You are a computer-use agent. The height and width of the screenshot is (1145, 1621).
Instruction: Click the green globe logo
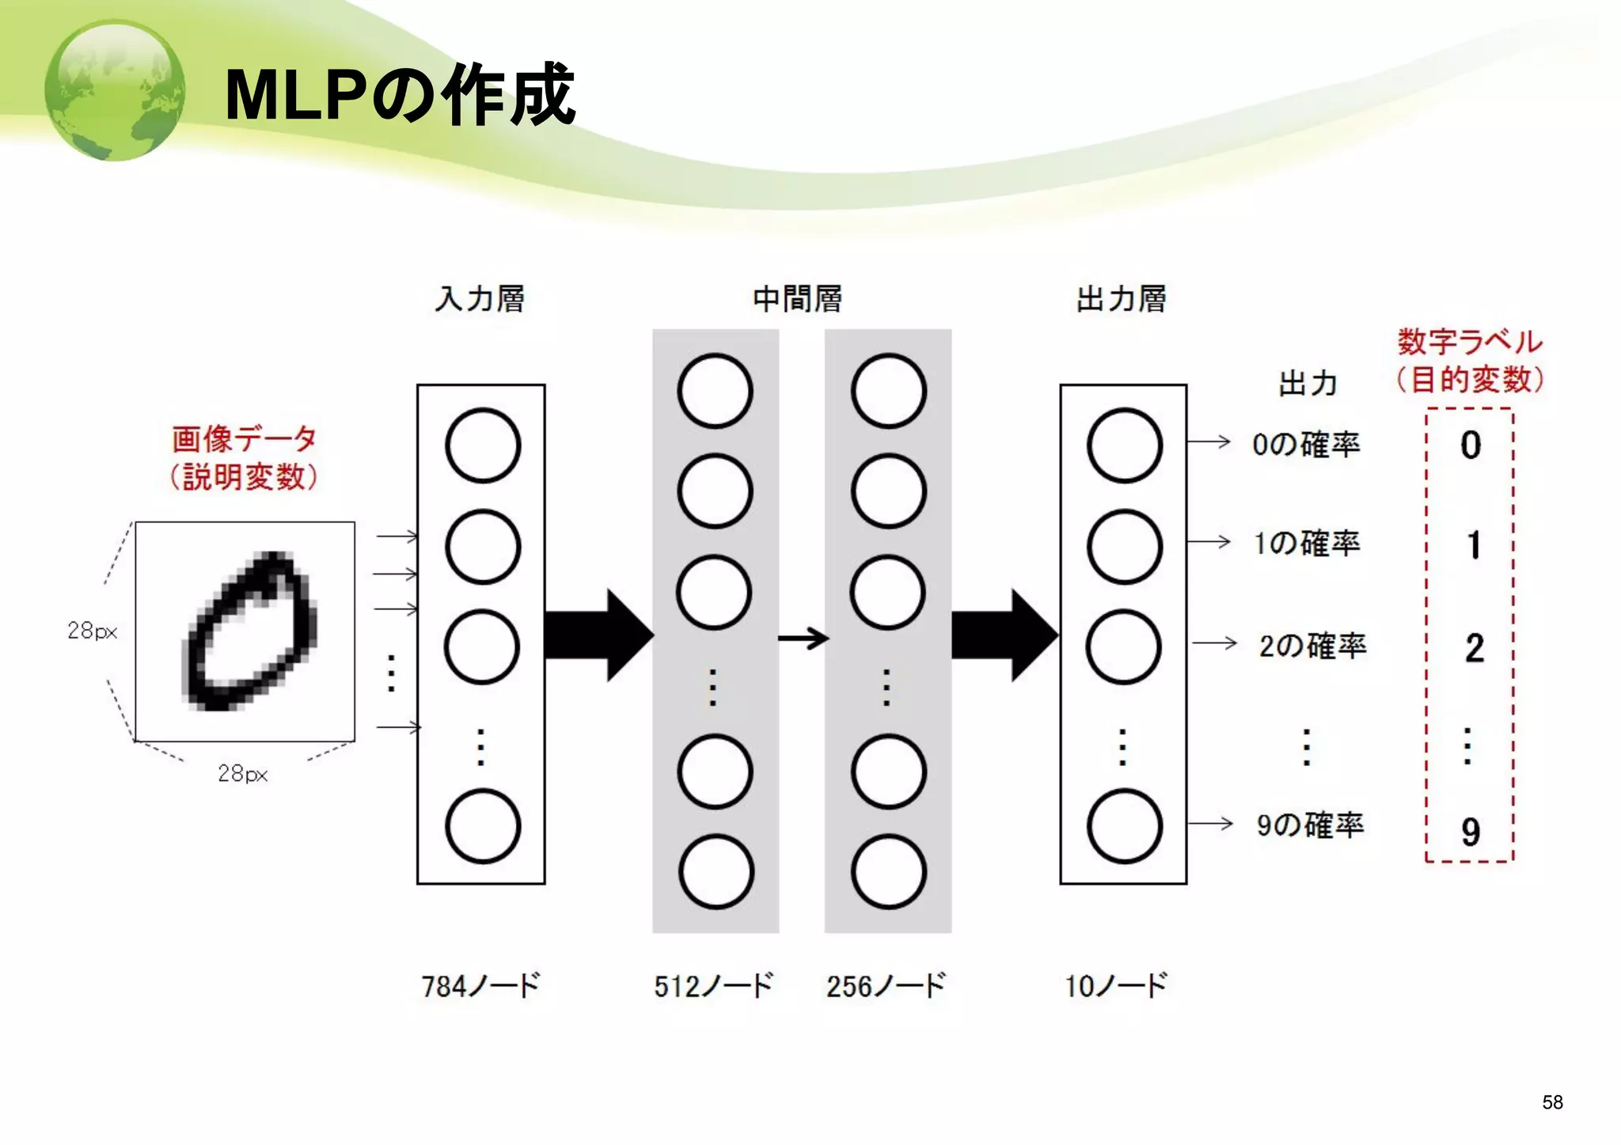coord(116,90)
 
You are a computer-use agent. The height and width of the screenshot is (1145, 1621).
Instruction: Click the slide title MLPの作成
coord(399,95)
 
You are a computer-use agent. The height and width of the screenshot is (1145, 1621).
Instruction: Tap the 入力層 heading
coord(480,299)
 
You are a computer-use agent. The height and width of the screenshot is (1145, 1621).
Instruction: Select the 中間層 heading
coord(798,299)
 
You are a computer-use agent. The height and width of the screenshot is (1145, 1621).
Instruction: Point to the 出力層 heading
coord(1122,299)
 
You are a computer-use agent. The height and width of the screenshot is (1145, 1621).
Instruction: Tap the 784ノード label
coord(480,986)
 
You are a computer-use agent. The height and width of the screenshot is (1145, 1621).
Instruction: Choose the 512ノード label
coord(713,986)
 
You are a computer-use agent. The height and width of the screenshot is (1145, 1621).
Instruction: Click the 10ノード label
coord(1116,986)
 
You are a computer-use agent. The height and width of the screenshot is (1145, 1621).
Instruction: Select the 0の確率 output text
coord(1306,444)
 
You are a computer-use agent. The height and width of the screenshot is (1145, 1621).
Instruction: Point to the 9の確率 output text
coord(1310,825)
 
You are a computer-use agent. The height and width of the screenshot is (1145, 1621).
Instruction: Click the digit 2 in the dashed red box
coord(1473,648)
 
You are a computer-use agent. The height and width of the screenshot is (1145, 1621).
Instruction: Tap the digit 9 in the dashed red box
coord(1471,831)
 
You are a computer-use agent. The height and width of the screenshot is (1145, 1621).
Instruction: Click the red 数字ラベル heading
coord(1470,342)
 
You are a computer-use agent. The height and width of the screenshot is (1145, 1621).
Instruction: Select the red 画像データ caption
coord(245,438)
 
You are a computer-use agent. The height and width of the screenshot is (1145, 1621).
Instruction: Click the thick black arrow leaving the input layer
coord(598,635)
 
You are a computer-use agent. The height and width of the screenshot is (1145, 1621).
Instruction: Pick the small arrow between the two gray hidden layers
coord(803,638)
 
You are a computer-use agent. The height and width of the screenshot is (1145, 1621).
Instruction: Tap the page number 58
coord(1552,1102)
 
